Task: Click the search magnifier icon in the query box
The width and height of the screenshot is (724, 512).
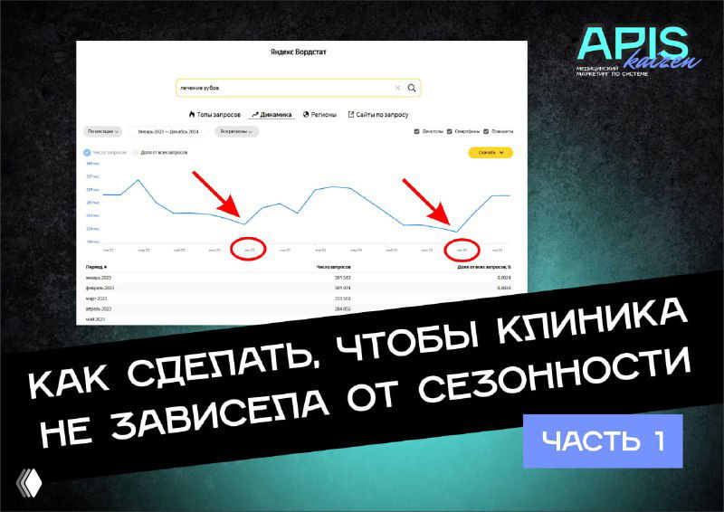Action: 412,88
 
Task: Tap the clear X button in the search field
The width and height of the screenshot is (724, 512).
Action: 397,88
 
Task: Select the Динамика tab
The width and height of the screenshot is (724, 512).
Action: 272,115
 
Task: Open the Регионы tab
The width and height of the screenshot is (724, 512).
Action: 319,115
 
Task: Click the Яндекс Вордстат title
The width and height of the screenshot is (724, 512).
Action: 299,52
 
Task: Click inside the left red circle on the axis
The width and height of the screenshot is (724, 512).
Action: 250,250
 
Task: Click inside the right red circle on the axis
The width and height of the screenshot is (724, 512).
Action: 462,250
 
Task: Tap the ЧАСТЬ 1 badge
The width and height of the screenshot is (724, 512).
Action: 601,441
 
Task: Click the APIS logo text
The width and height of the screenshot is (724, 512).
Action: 631,42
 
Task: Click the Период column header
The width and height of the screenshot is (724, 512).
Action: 96,267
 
